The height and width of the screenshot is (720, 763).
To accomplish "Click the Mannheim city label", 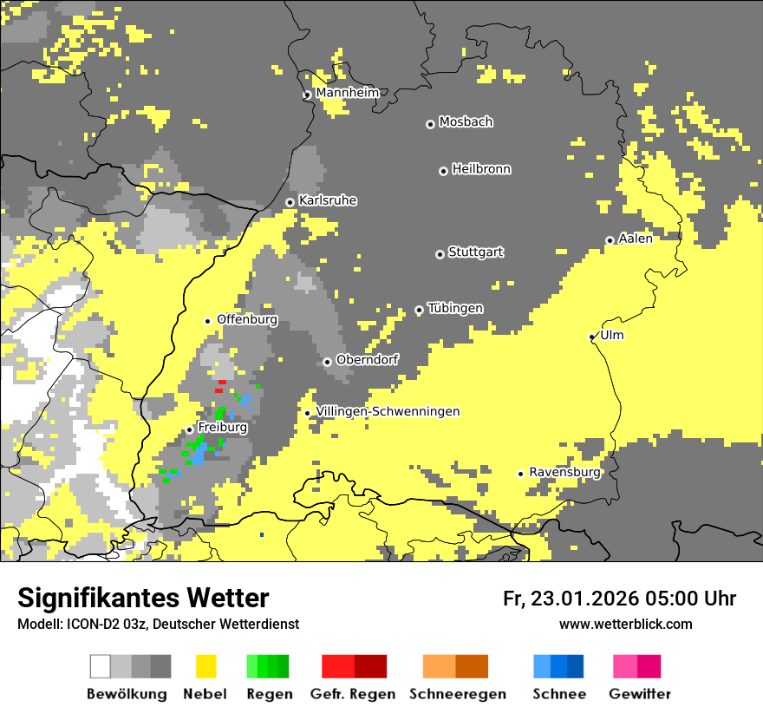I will coord(347,93).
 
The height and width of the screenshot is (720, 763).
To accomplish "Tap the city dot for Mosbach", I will coord(430,124).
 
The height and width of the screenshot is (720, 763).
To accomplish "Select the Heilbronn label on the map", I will coord(481,169).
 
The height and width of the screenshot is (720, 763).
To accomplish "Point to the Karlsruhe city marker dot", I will coord(290,202).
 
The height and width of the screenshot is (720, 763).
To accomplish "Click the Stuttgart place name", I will coord(475,252).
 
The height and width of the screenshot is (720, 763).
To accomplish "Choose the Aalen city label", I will coord(636,239).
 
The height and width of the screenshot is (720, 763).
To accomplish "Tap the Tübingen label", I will coord(455,309).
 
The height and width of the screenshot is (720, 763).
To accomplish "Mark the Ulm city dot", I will coord(592,337).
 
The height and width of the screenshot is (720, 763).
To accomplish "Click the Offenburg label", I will coord(247,319).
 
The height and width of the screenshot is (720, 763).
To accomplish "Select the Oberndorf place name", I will coord(367,359).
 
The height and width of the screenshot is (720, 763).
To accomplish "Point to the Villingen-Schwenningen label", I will coord(388,411).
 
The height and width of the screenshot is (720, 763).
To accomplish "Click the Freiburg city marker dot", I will coord(189,429).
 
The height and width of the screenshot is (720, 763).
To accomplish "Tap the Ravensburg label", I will coord(564,472).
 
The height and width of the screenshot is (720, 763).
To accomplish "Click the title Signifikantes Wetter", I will coord(143,599).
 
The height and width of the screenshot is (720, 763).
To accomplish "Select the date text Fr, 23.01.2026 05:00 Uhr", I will coord(619,599).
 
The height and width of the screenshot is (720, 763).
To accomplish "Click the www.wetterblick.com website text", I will coord(625,624).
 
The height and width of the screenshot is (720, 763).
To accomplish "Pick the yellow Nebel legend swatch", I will coord(206,666).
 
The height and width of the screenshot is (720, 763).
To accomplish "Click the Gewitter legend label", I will coord(640,694).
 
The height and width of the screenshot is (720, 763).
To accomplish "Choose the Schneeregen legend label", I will coord(458,694).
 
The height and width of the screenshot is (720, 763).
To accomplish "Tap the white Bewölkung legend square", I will coord(101,666).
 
